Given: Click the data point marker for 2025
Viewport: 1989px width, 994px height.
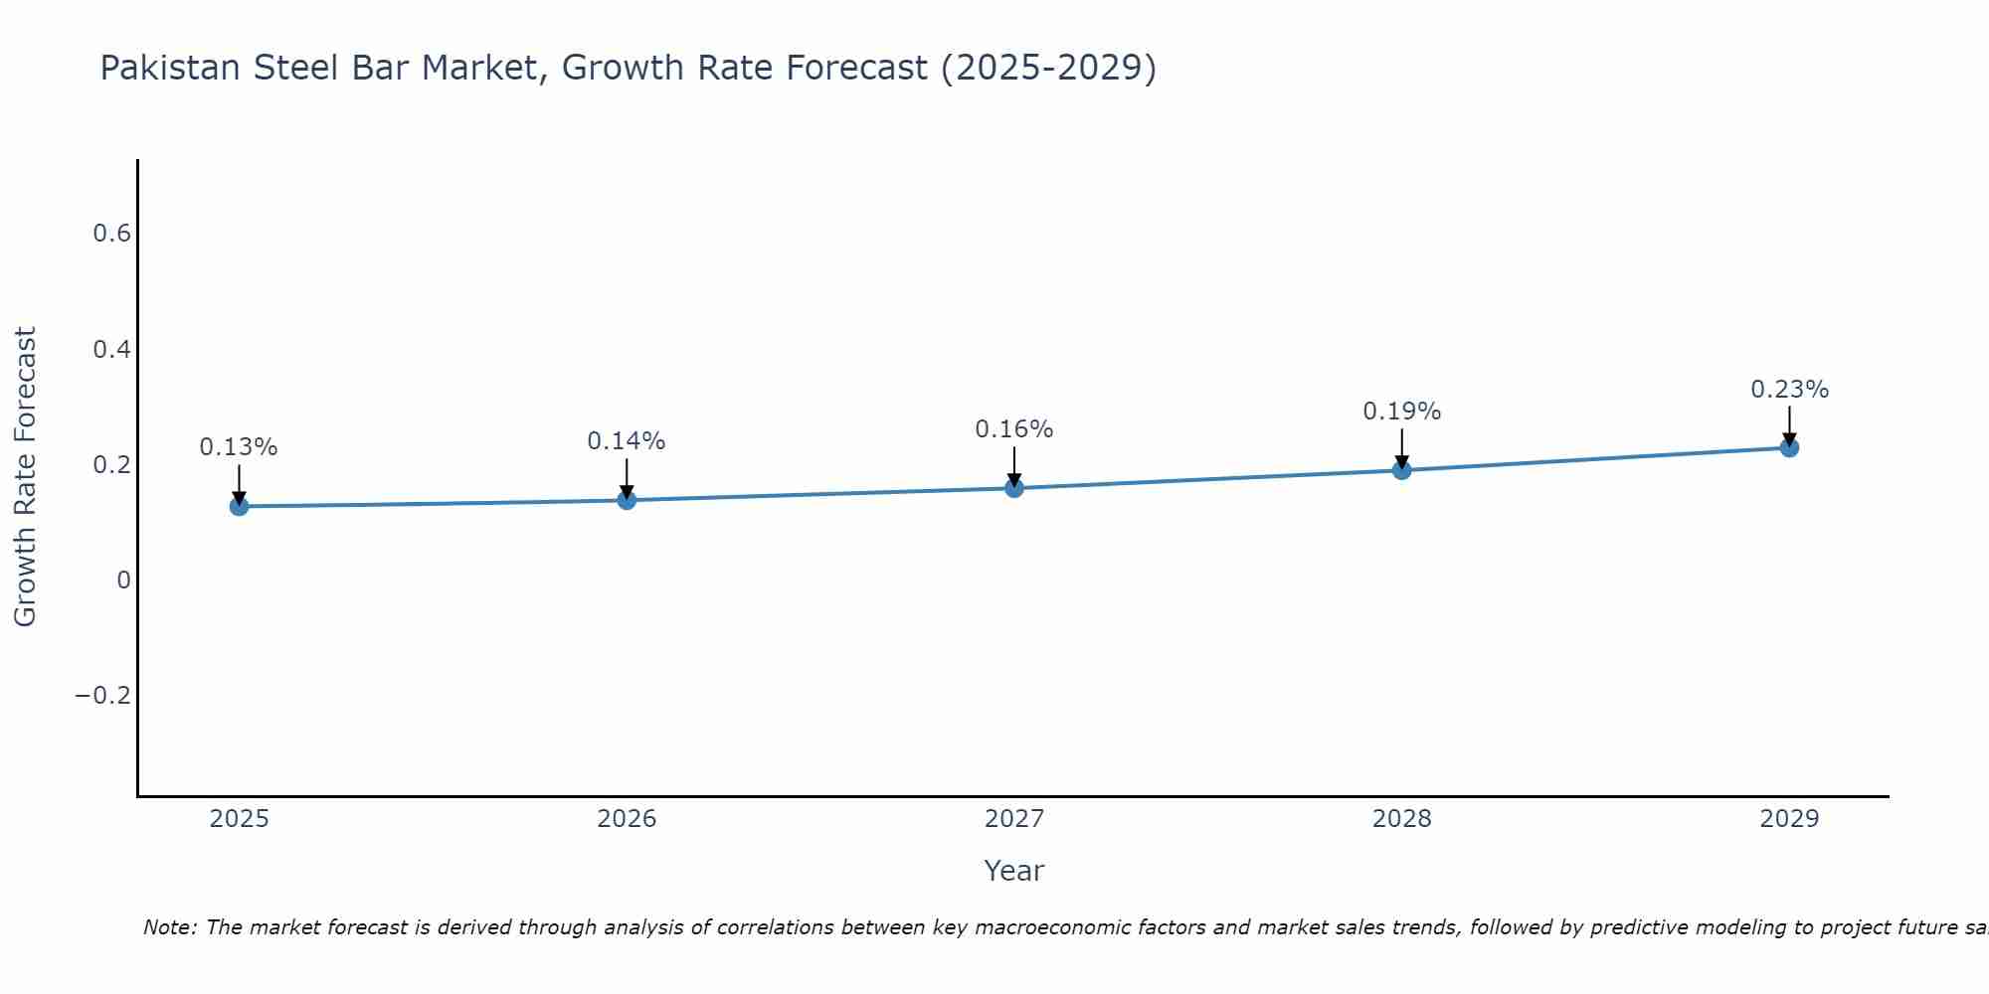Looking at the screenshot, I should tap(239, 506).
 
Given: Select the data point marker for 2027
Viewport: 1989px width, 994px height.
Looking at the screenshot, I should tap(1014, 488).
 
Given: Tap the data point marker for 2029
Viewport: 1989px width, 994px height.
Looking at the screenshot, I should tap(1789, 447).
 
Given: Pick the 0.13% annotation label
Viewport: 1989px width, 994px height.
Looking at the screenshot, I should tap(239, 447).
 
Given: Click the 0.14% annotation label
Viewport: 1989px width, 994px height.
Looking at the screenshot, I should tap(627, 441).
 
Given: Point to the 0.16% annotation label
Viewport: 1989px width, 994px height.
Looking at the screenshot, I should tap(1014, 429).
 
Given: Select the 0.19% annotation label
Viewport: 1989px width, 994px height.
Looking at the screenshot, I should tap(1401, 412).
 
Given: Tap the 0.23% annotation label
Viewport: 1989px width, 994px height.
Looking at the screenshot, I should tap(1789, 390).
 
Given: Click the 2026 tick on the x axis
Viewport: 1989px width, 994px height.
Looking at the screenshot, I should tap(627, 819).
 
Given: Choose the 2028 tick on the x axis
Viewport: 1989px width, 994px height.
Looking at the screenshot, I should tap(1401, 819).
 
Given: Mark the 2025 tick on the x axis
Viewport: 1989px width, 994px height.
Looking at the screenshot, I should tap(239, 819).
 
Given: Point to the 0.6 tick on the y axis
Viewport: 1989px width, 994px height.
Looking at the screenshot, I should tap(111, 234).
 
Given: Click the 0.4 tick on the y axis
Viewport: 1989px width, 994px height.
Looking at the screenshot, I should tap(111, 350).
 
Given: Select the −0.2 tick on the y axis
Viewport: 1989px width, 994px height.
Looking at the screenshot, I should tap(102, 696).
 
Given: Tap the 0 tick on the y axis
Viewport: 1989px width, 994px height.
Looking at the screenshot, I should tap(123, 580).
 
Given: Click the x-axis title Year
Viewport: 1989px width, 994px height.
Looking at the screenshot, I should tap(1013, 872).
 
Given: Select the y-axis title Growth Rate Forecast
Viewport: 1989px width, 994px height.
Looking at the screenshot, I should tap(25, 477).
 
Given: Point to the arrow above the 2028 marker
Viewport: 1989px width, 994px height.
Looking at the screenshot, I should tap(1401, 449).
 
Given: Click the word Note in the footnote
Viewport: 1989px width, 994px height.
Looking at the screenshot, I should tap(169, 928).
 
